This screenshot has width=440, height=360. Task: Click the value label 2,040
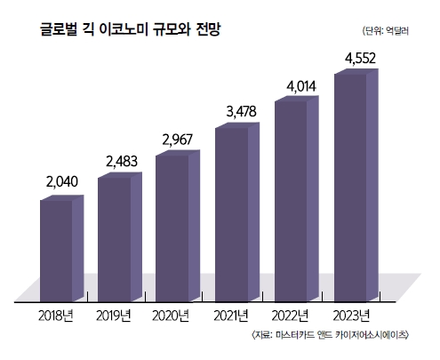coord(62,182)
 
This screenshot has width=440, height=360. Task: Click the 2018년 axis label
coord(57,315)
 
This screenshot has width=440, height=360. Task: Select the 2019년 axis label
coord(115,315)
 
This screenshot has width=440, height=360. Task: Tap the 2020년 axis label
coord(173,315)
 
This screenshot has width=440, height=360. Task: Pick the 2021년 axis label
coord(233,315)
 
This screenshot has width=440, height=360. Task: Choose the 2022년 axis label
coord(292,315)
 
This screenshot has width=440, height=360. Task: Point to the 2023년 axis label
coord(352,315)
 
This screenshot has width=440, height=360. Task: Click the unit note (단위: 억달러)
coord(394,31)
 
